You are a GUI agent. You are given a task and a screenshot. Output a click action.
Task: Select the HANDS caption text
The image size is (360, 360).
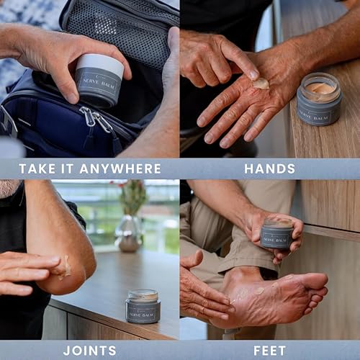[x=269, y=169]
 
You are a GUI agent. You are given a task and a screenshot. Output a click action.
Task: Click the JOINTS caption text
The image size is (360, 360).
[x=89, y=351]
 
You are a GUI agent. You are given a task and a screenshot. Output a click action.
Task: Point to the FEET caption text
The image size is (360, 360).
[x=269, y=351]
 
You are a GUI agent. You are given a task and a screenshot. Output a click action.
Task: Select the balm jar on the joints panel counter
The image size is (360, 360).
[x=143, y=306]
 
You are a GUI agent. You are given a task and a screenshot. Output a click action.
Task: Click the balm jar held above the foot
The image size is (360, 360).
[x=276, y=234]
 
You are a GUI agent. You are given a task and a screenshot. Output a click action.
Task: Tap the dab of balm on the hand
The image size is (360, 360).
[x=261, y=84]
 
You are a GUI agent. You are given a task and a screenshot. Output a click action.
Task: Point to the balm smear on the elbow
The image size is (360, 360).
[x=66, y=268]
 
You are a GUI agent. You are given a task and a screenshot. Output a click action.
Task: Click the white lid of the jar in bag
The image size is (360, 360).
[x=100, y=63]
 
